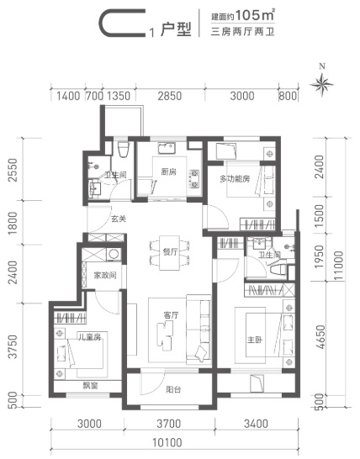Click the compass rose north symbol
click(321, 83)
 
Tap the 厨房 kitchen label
click(169, 171)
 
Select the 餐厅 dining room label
click(170, 252)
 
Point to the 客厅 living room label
click(171, 315)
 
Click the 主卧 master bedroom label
click(255, 340)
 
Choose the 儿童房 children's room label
click(89, 336)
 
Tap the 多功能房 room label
click(235, 178)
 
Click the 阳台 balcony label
click(173, 389)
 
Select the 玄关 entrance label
click(119, 219)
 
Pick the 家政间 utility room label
click(105, 275)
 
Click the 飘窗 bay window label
click(90, 386)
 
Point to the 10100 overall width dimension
click(167, 442)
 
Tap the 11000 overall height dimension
click(338, 266)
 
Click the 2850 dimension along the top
click(170, 96)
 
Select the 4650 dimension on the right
click(321, 337)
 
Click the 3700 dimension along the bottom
click(168, 424)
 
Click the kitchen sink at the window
click(167, 149)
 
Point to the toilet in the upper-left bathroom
click(123, 149)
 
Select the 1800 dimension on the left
click(13, 223)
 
